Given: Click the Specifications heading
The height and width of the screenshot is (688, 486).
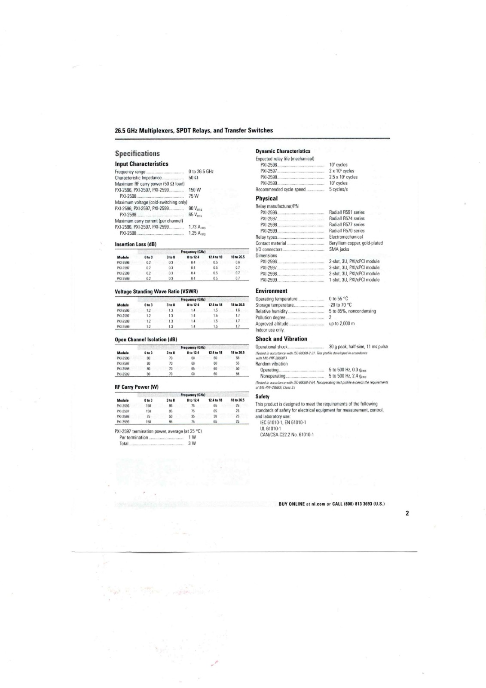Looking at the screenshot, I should click(137, 154).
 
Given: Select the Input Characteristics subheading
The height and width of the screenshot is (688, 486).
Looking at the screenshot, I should click(141, 164).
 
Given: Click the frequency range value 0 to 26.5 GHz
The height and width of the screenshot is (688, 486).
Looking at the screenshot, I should click(201, 172).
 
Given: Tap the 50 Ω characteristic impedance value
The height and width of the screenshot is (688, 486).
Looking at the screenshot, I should click(193, 178).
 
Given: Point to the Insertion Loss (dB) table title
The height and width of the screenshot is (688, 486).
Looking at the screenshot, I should click(135, 244).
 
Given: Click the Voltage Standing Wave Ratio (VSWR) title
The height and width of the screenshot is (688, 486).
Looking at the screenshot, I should click(156, 292).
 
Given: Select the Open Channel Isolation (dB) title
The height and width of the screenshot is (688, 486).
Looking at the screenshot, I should click(146, 339).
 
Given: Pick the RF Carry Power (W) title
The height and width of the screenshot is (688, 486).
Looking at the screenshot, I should click(137, 387).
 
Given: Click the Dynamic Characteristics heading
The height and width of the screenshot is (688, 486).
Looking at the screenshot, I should click(283, 151).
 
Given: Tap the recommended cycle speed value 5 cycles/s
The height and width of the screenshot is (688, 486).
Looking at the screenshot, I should click(338, 189).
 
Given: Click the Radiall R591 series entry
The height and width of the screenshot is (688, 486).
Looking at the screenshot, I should click(346, 212).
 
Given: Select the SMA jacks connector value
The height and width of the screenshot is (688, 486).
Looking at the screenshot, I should click(339, 249).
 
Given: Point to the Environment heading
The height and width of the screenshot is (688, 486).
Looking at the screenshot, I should click(271, 291).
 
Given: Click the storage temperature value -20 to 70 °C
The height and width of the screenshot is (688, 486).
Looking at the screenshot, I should click(341, 305).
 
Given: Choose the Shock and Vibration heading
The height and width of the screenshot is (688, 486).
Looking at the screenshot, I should click(281, 339).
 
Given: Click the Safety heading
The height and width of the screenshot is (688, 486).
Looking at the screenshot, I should click(263, 396).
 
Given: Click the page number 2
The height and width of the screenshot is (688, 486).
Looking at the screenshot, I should click(407, 513).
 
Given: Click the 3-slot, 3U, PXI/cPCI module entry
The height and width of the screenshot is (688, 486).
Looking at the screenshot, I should click(354, 267).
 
